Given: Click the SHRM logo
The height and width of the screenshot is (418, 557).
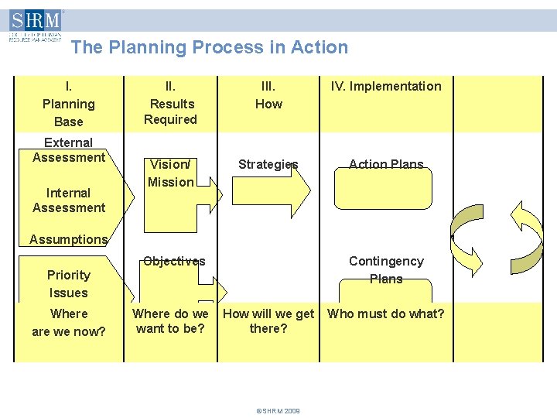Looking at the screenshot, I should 35,25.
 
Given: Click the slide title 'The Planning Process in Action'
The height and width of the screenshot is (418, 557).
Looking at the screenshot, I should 209,47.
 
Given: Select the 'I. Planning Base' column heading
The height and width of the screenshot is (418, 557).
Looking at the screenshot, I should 69,104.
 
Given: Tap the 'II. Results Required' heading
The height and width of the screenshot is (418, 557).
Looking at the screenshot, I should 171,103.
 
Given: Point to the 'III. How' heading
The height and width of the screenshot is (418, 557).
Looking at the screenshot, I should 268,95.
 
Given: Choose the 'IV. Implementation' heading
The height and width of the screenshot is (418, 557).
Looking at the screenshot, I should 386,87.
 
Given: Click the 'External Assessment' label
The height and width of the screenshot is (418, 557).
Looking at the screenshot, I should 69,150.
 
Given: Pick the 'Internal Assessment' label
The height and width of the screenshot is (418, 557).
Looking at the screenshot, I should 69,200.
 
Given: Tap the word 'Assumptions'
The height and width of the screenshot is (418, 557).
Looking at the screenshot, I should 69,239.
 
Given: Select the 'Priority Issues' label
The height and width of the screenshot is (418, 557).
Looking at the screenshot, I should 69,284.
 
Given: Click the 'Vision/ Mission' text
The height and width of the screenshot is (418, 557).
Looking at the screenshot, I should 171,173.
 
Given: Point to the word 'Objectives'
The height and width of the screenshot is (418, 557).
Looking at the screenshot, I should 174,261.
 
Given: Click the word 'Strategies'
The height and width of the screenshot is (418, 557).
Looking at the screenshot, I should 268,164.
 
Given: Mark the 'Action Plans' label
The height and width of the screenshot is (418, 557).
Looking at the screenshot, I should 386,164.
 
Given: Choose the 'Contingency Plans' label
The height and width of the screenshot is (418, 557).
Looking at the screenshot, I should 386,270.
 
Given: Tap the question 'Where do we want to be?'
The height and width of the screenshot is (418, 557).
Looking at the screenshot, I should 170,321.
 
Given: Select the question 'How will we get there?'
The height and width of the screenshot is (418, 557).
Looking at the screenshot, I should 268,321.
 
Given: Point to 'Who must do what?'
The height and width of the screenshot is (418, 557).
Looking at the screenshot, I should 386,313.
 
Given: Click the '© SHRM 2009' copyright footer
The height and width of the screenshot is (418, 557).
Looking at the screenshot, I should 278,411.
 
